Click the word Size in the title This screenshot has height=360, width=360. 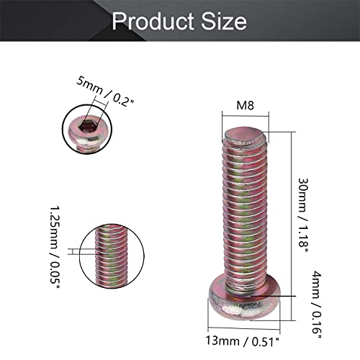coord(225,22)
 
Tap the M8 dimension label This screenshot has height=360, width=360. coord(246,106)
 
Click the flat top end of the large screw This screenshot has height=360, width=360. coord(246,134)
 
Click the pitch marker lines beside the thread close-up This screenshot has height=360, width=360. coord(73,251)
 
